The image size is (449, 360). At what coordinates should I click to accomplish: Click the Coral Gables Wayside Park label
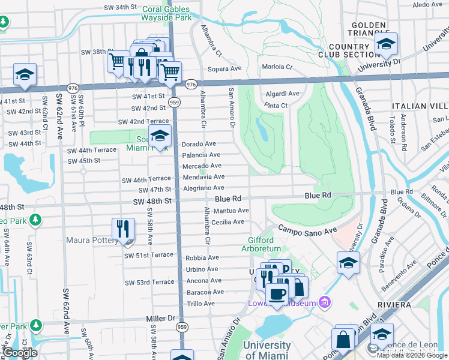[166, 13]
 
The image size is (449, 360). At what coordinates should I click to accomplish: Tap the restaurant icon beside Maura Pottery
[123, 229]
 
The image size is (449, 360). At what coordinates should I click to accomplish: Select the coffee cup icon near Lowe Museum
[277, 294]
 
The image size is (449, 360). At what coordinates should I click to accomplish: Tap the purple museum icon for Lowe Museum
[326, 301]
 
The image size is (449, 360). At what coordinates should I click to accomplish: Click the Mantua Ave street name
[231, 211]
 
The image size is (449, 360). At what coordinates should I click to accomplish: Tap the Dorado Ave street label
[199, 144]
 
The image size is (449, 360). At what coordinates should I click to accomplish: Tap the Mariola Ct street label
[277, 67]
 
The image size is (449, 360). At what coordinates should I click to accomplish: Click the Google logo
[20, 353]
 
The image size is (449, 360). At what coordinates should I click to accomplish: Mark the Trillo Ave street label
[200, 304]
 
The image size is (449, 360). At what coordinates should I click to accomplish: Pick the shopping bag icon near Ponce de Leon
[344, 338]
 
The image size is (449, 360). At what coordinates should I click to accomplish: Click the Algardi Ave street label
[282, 94]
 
